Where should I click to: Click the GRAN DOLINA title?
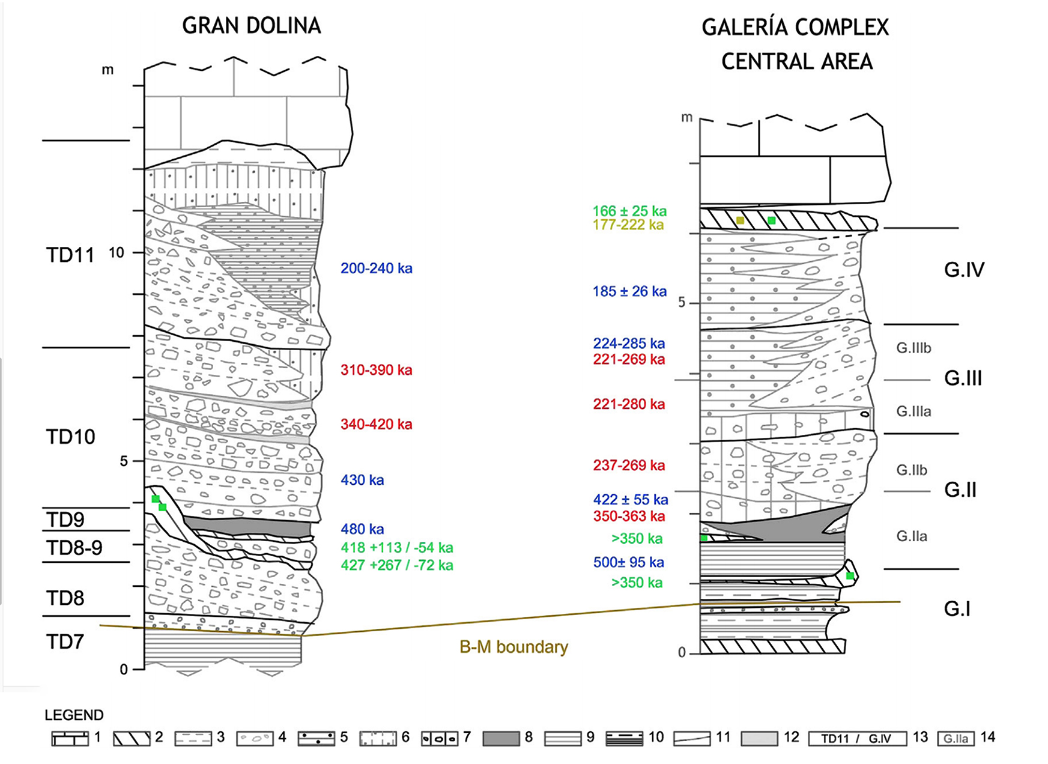tap(252, 25)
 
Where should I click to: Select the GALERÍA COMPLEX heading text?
tap(795, 28)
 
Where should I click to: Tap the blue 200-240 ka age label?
tap(376, 268)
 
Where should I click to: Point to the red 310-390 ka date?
tap(376, 370)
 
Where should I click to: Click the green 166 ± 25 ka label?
tap(629, 211)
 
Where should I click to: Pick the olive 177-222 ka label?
tap(628, 225)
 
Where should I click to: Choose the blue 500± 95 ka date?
tap(628, 562)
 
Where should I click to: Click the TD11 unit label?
tap(70, 255)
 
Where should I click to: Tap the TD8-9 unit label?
tap(74, 547)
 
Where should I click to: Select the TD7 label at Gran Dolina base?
tap(65, 642)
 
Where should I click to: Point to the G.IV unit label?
tap(963, 270)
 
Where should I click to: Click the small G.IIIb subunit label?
tap(913, 348)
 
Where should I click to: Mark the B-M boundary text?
tap(513, 647)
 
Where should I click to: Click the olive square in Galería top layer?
tap(740, 221)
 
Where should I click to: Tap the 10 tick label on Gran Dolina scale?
tap(116, 253)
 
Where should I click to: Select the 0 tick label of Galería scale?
tap(681, 652)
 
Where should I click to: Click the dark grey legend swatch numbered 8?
tap(501, 738)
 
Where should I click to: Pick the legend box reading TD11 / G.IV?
tap(856, 738)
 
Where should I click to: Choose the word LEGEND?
tap(74, 715)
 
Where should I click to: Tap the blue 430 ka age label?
tap(362, 480)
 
